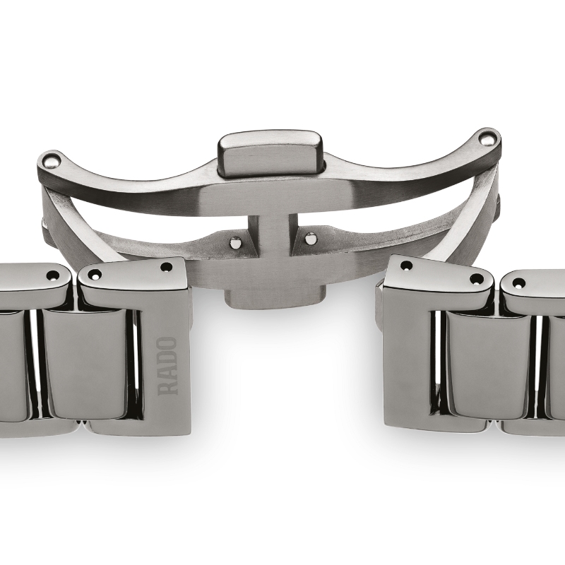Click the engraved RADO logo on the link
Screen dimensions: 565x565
167,365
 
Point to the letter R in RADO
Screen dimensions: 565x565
167,387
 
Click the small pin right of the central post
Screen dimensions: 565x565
310,239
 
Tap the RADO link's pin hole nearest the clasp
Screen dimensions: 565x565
166,267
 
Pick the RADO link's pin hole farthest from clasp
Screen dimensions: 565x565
95,275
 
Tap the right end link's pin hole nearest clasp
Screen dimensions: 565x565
406,266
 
